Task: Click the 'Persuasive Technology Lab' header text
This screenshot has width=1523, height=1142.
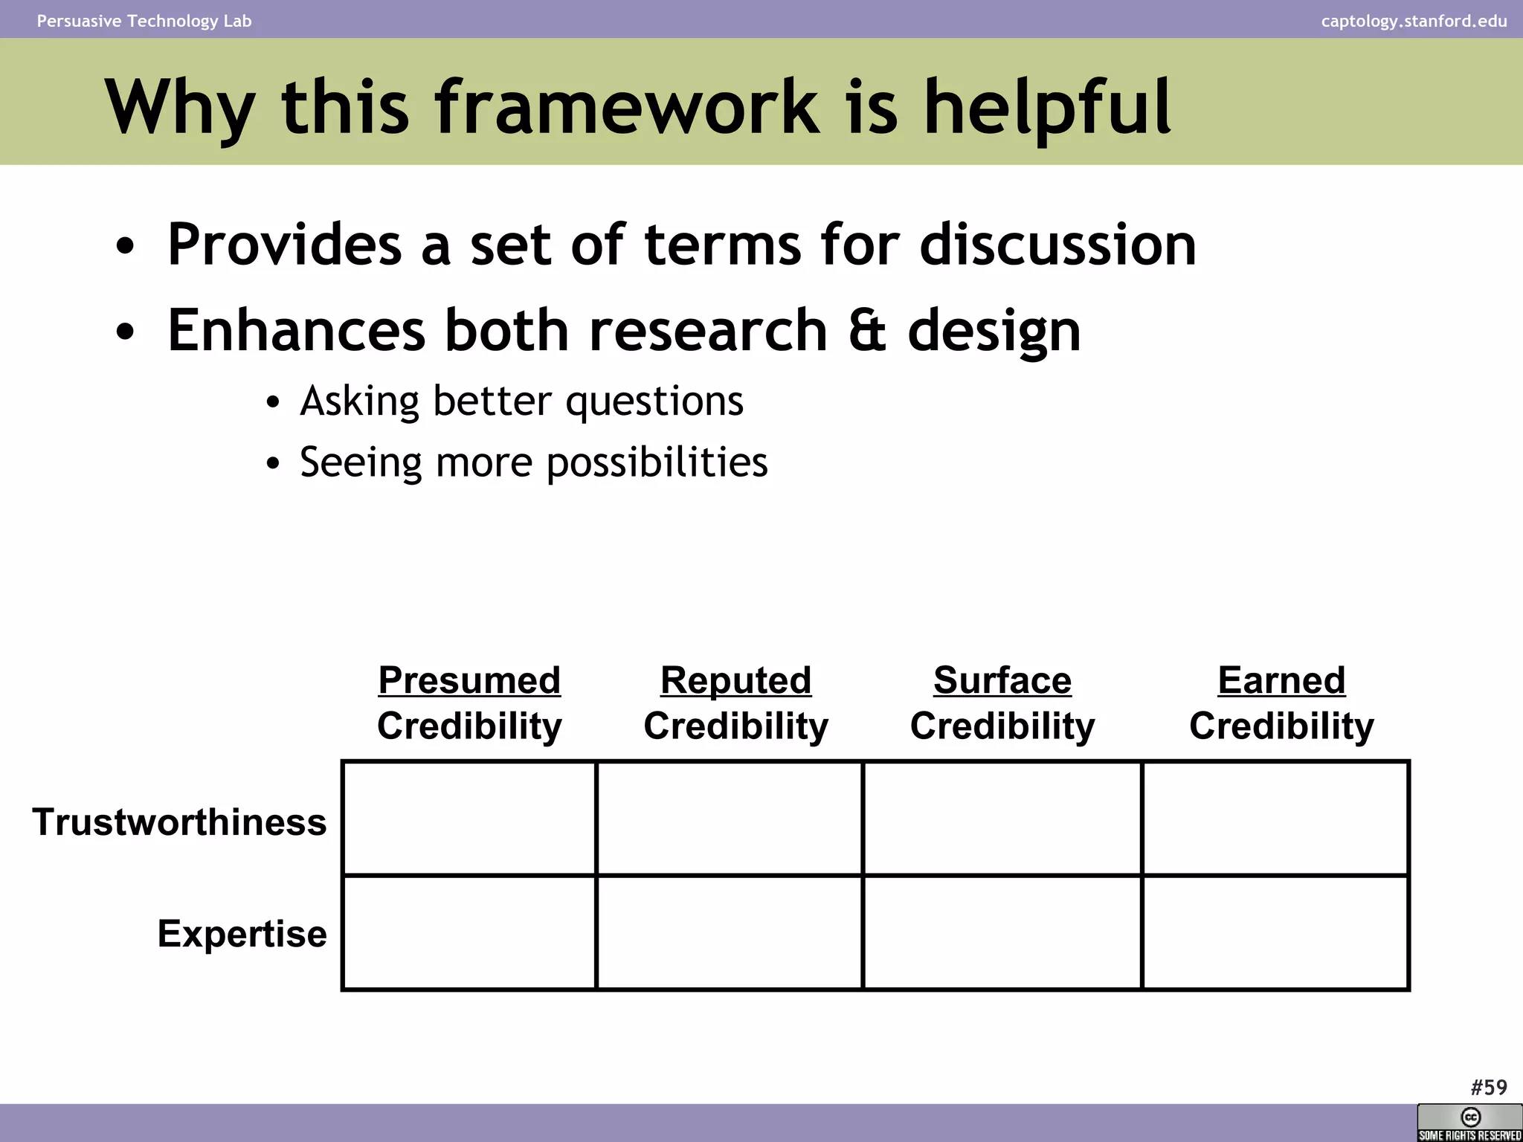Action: (x=144, y=21)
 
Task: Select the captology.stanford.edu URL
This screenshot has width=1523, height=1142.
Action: (x=1414, y=21)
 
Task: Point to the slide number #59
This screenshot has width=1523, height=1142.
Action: (x=1489, y=1088)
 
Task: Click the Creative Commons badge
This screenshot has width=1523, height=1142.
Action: (x=1469, y=1123)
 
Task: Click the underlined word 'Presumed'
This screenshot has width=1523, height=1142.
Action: (x=469, y=680)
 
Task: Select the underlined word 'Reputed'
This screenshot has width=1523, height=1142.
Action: (x=735, y=680)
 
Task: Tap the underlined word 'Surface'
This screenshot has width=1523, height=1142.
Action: (x=1002, y=680)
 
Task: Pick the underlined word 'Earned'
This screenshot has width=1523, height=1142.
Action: (x=1281, y=680)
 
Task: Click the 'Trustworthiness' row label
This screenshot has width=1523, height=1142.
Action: (x=179, y=822)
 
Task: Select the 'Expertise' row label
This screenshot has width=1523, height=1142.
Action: (x=242, y=934)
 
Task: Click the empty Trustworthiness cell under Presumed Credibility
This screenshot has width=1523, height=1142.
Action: (x=469, y=818)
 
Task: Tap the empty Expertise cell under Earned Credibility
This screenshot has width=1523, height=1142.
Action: (x=1275, y=933)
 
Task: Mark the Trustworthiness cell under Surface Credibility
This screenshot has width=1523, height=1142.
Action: (x=1002, y=818)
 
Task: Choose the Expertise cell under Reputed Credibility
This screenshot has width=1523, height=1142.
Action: (x=730, y=933)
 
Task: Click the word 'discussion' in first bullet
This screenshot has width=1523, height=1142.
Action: (x=1057, y=245)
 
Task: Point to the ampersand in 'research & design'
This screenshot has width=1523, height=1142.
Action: (x=867, y=330)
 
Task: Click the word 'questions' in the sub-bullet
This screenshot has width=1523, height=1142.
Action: (x=654, y=402)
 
